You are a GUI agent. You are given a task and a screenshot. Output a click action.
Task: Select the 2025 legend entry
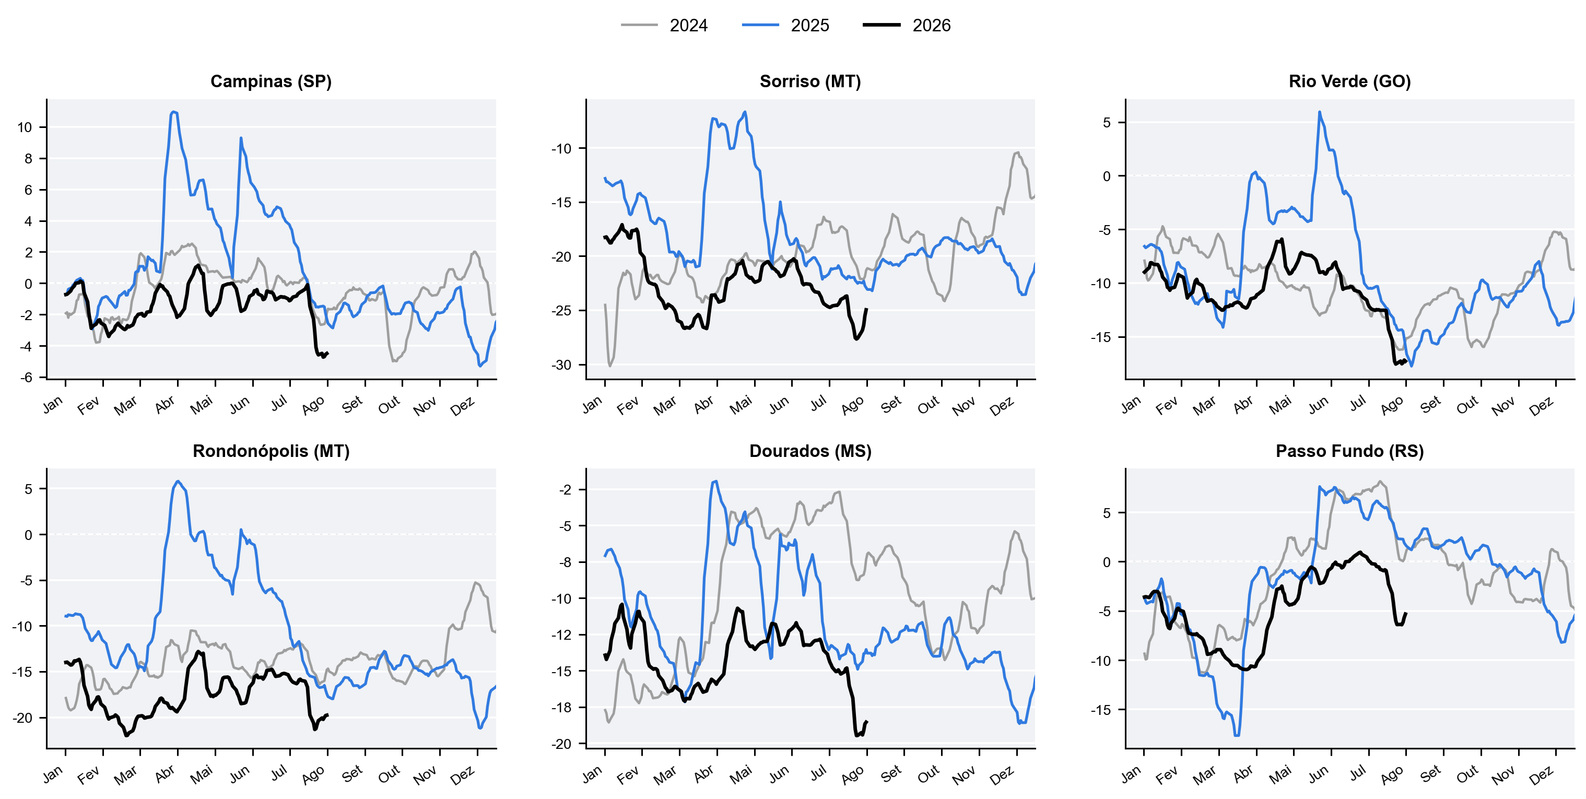[x=785, y=25]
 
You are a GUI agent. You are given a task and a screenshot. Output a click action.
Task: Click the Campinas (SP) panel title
[x=271, y=81]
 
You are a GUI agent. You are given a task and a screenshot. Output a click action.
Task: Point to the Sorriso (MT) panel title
[x=810, y=81]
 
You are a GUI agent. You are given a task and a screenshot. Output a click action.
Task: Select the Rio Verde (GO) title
[x=1349, y=81]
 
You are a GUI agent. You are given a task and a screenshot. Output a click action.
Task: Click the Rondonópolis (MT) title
[x=271, y=451]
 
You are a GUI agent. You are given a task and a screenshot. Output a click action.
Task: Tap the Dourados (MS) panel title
[x=810, y=451]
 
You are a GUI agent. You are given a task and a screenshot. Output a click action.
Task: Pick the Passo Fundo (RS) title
[x=1349, y=451]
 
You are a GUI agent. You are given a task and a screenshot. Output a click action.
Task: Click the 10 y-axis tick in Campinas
[x=25, y=127]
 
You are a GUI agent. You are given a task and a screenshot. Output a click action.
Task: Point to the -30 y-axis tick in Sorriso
[x=561, y=365]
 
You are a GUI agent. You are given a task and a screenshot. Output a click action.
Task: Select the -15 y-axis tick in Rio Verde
[x=1101, y=337]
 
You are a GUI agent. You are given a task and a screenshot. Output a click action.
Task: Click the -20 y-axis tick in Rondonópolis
[x=22, y=718]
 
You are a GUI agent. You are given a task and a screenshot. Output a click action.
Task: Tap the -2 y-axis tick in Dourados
[x=565, y=490]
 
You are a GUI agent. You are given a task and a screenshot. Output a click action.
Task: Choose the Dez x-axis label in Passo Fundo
[x=1541, y=775]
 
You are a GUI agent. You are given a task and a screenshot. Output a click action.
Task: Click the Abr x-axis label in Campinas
[x=165, y=404]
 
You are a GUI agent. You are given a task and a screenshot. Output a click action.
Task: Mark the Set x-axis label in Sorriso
[x=891, y=404]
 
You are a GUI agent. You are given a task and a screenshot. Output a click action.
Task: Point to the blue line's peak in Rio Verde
[x=1320, y=112]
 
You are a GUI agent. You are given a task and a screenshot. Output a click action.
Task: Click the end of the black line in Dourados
[x=867, y=721]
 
